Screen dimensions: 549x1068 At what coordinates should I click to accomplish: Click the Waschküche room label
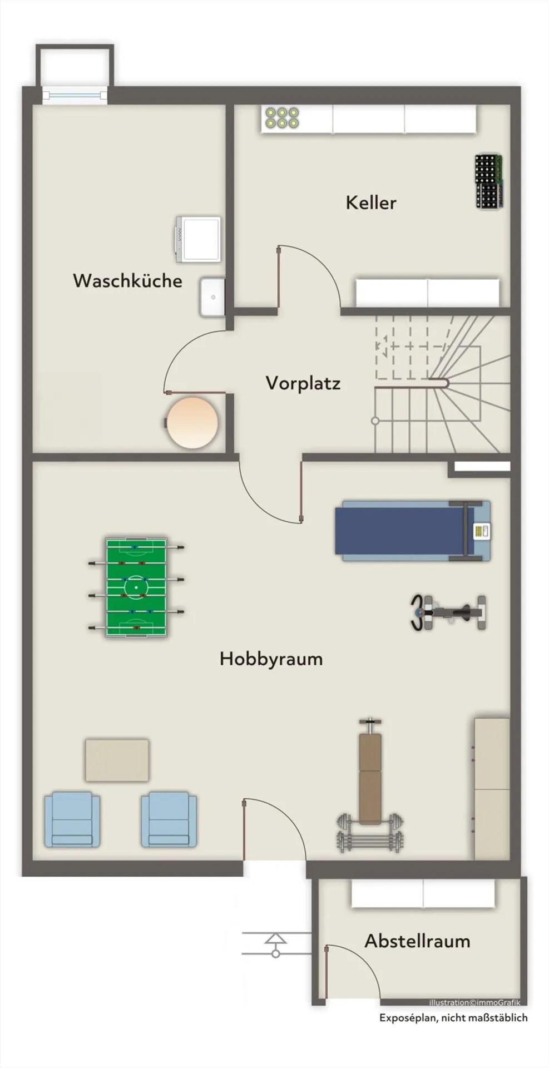[127, 280]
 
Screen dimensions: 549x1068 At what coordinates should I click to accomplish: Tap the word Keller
[371, 202]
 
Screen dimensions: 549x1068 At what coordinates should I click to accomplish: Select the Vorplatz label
[303, 383]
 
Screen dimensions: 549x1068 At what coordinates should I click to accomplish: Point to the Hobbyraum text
[271, 659]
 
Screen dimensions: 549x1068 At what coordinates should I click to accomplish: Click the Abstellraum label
[418, 941]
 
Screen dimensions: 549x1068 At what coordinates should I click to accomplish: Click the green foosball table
[136, 587]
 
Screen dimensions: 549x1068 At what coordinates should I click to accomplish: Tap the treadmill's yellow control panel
[481, 531]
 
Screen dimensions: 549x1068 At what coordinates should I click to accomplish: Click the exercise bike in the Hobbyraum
[448, 612]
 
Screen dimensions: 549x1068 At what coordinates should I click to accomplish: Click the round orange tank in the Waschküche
[192, 422]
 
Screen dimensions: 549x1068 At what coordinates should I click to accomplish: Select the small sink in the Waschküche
[212, 296]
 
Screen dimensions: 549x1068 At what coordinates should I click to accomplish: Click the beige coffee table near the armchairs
[117, 760]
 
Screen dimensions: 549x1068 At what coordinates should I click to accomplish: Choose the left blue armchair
[72, 819]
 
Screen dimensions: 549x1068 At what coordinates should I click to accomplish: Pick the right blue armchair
[169, 819]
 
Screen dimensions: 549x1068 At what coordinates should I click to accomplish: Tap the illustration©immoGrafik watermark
[474, 1002]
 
